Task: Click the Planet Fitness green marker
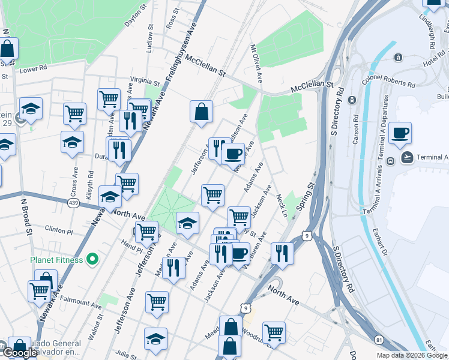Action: tap(92, 259)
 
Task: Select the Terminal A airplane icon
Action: tap(408, 158)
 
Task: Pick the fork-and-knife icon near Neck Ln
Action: tap(281, 253)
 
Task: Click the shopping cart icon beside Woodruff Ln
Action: tap(274, 332)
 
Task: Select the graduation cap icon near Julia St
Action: tap(155, 338)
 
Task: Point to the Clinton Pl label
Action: tap(59, 230)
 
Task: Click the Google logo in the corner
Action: tap(22, 353)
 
